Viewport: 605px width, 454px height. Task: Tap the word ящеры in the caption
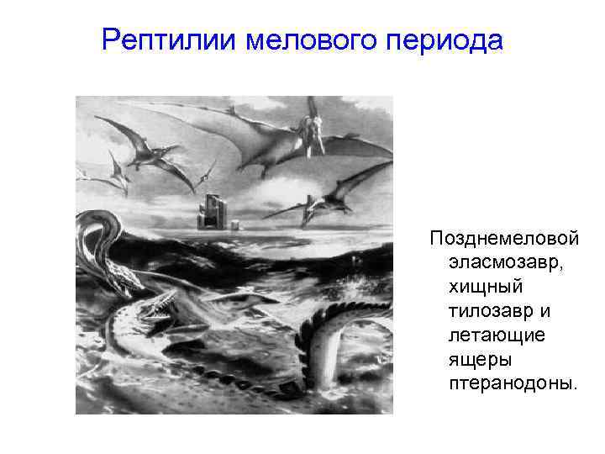click(x=475, y=360)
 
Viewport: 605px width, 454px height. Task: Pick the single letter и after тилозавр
click(x=545, y=311)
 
